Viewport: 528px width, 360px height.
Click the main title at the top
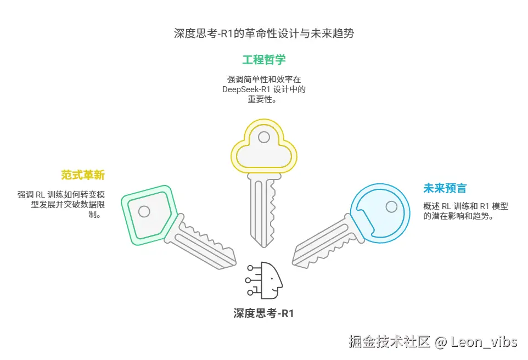(x=264, y=33)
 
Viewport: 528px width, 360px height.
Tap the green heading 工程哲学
(x=264, y=59)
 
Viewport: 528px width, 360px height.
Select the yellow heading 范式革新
(x=83, y=176)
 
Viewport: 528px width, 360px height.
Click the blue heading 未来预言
(x=445, y=188)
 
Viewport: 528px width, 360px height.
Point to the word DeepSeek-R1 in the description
(x=244, y=89)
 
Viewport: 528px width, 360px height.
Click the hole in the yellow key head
(x=264, y=137)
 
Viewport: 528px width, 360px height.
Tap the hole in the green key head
(x=144, y=211)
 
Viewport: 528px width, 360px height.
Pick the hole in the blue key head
(x=391, y=206)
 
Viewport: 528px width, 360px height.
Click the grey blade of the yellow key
(x=263, y=209)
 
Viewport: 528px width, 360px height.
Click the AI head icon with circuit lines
(x=266, y=280)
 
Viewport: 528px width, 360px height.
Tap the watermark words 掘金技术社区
(x=390, y=342)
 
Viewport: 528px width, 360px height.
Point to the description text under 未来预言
(x=465, y=211)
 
